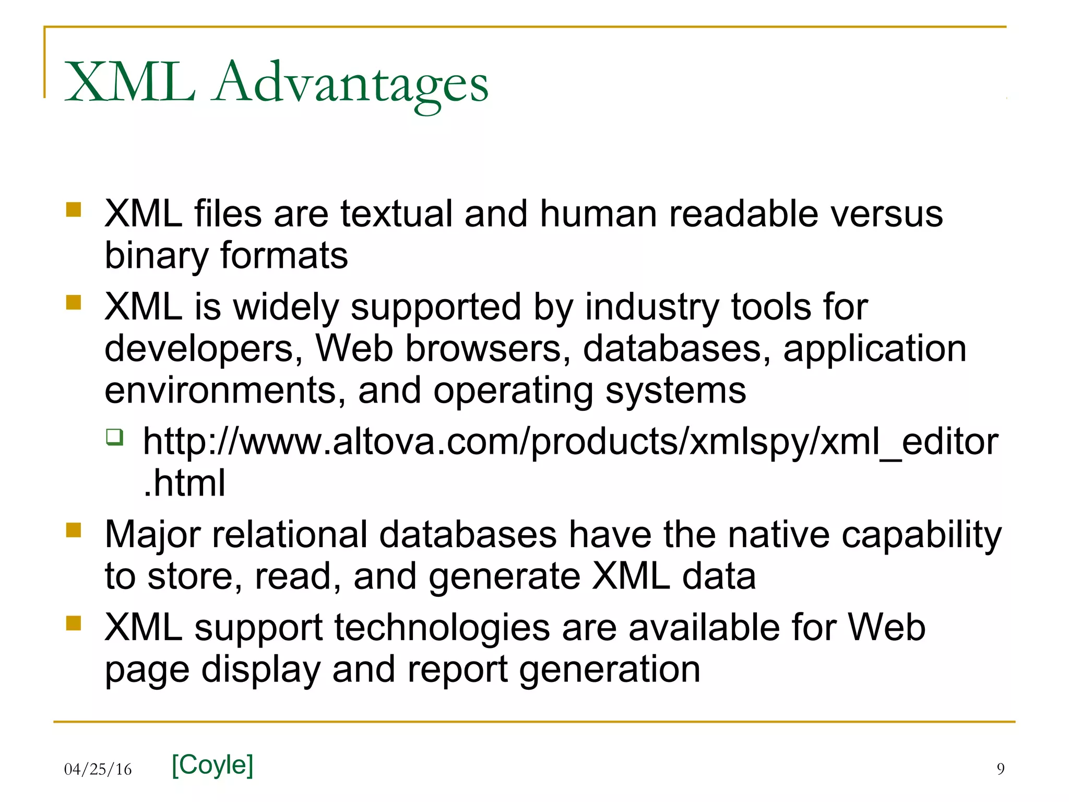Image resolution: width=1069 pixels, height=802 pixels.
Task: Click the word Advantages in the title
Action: coord(351,84)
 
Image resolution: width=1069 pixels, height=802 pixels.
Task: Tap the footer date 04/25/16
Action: coord(98,769)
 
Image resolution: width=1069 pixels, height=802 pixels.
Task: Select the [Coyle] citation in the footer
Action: coord(212,765)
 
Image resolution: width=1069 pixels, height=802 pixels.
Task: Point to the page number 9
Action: coord(1000,769)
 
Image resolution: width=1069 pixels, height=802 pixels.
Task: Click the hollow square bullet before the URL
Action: coord(115,437)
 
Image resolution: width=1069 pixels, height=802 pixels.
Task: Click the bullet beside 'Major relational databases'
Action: coord(74,530)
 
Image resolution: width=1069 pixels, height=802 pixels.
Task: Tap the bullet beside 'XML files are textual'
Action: coord(74,209)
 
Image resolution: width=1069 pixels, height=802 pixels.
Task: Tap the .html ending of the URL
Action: coord(184,483)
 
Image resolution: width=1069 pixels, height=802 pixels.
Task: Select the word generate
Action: coord(504,577)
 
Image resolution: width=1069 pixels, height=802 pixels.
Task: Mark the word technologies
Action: coord(442,628)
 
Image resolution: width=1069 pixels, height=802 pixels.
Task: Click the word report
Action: coord(457,670)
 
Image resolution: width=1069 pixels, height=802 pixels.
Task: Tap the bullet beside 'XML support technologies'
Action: coord(74,623)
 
